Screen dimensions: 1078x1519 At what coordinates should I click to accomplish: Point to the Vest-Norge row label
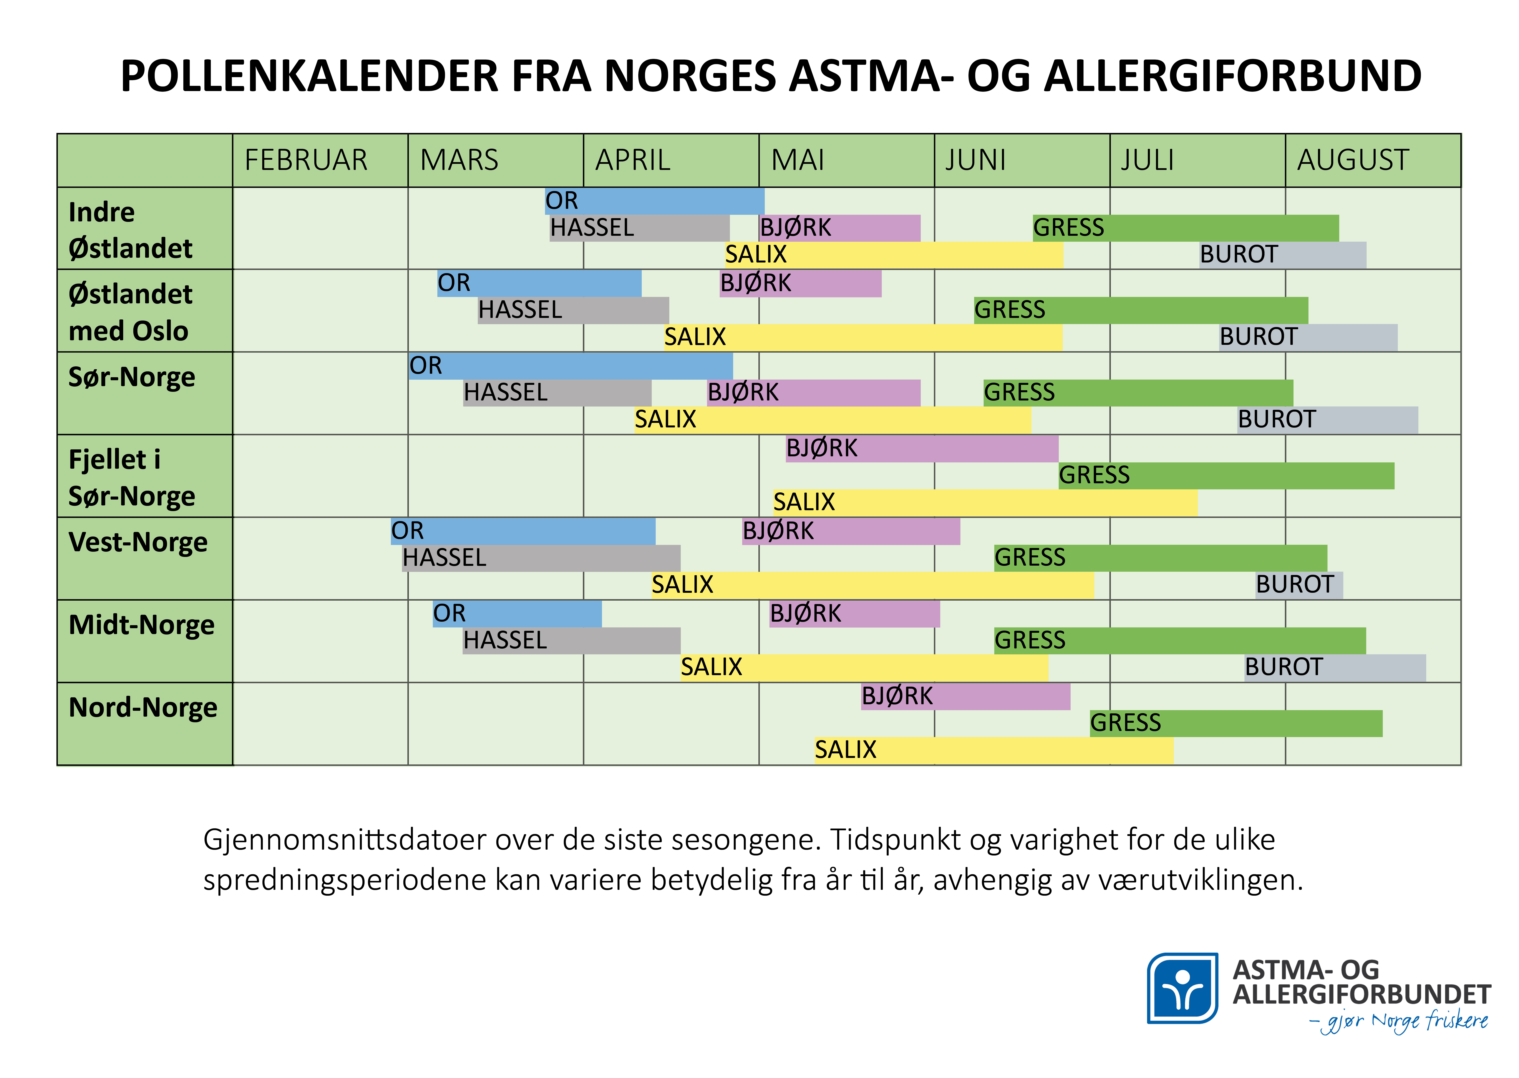(138, 542)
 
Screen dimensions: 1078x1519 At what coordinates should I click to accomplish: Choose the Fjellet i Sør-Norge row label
(131, 477)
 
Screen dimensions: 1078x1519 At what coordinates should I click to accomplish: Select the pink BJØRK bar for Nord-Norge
(965, 696)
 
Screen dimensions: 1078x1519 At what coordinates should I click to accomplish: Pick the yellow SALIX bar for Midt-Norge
(863, 667)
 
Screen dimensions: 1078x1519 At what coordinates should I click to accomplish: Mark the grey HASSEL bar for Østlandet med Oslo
(573, 310)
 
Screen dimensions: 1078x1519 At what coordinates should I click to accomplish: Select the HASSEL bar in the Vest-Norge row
(541, 558)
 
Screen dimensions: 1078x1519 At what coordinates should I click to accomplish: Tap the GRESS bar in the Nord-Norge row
(1236, 723)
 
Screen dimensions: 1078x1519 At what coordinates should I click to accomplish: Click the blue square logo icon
(1182, 988)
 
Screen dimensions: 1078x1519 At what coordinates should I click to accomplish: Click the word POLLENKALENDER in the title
(308, 76)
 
